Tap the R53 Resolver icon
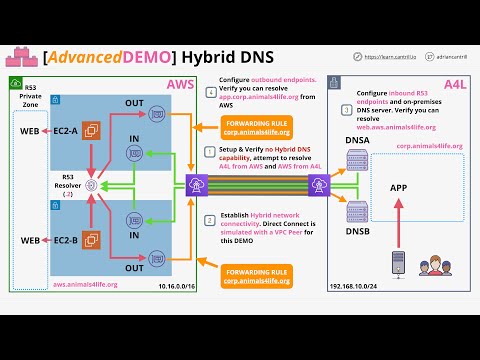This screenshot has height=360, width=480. tap(91, 185)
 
